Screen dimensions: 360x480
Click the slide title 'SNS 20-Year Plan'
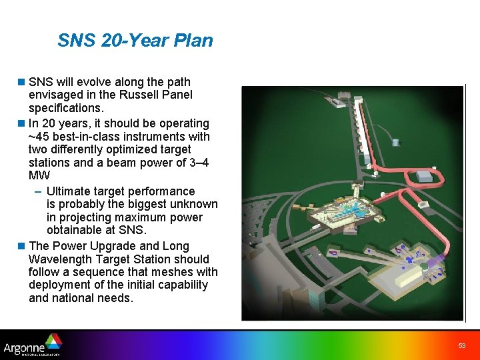click(135, 41)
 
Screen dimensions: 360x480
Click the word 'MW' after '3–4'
click(39, 175)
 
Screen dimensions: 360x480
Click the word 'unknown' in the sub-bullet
click(193, 204)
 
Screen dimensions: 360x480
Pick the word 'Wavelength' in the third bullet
click(60, 259)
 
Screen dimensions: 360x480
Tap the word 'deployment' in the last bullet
click(59, 285)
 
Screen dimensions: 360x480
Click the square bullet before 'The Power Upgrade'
click(22, 246)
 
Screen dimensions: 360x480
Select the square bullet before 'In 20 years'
click(22, 123)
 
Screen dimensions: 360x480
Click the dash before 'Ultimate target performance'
click(38, 191)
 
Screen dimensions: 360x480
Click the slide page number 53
click(461, 345)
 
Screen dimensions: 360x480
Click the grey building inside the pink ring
click(424, 175)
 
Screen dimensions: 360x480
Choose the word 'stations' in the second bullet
click(49, 163)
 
